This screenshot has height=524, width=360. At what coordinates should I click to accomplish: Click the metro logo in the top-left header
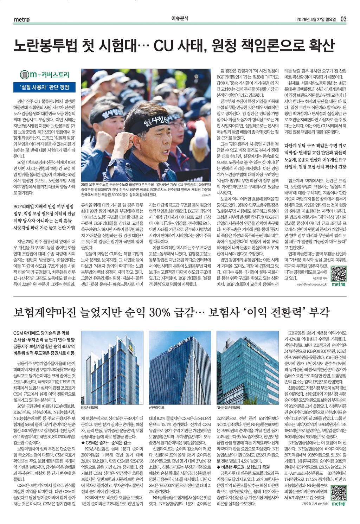pyautogui.click(x=22, y=19)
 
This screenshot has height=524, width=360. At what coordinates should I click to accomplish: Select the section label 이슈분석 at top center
pyautogui.click(x=180, y=19)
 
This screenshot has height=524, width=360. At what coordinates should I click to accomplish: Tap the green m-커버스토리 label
pyautogui.click(x=45, y=75)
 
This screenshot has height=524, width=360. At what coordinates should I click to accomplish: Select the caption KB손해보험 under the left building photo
pyautogui.click(x=90, y=407)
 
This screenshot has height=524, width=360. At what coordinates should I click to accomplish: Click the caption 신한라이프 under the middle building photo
pyautogui.click(x=157, y=407)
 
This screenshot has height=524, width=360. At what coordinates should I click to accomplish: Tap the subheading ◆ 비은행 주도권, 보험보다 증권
pyautogui.click(x=243, y=467)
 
